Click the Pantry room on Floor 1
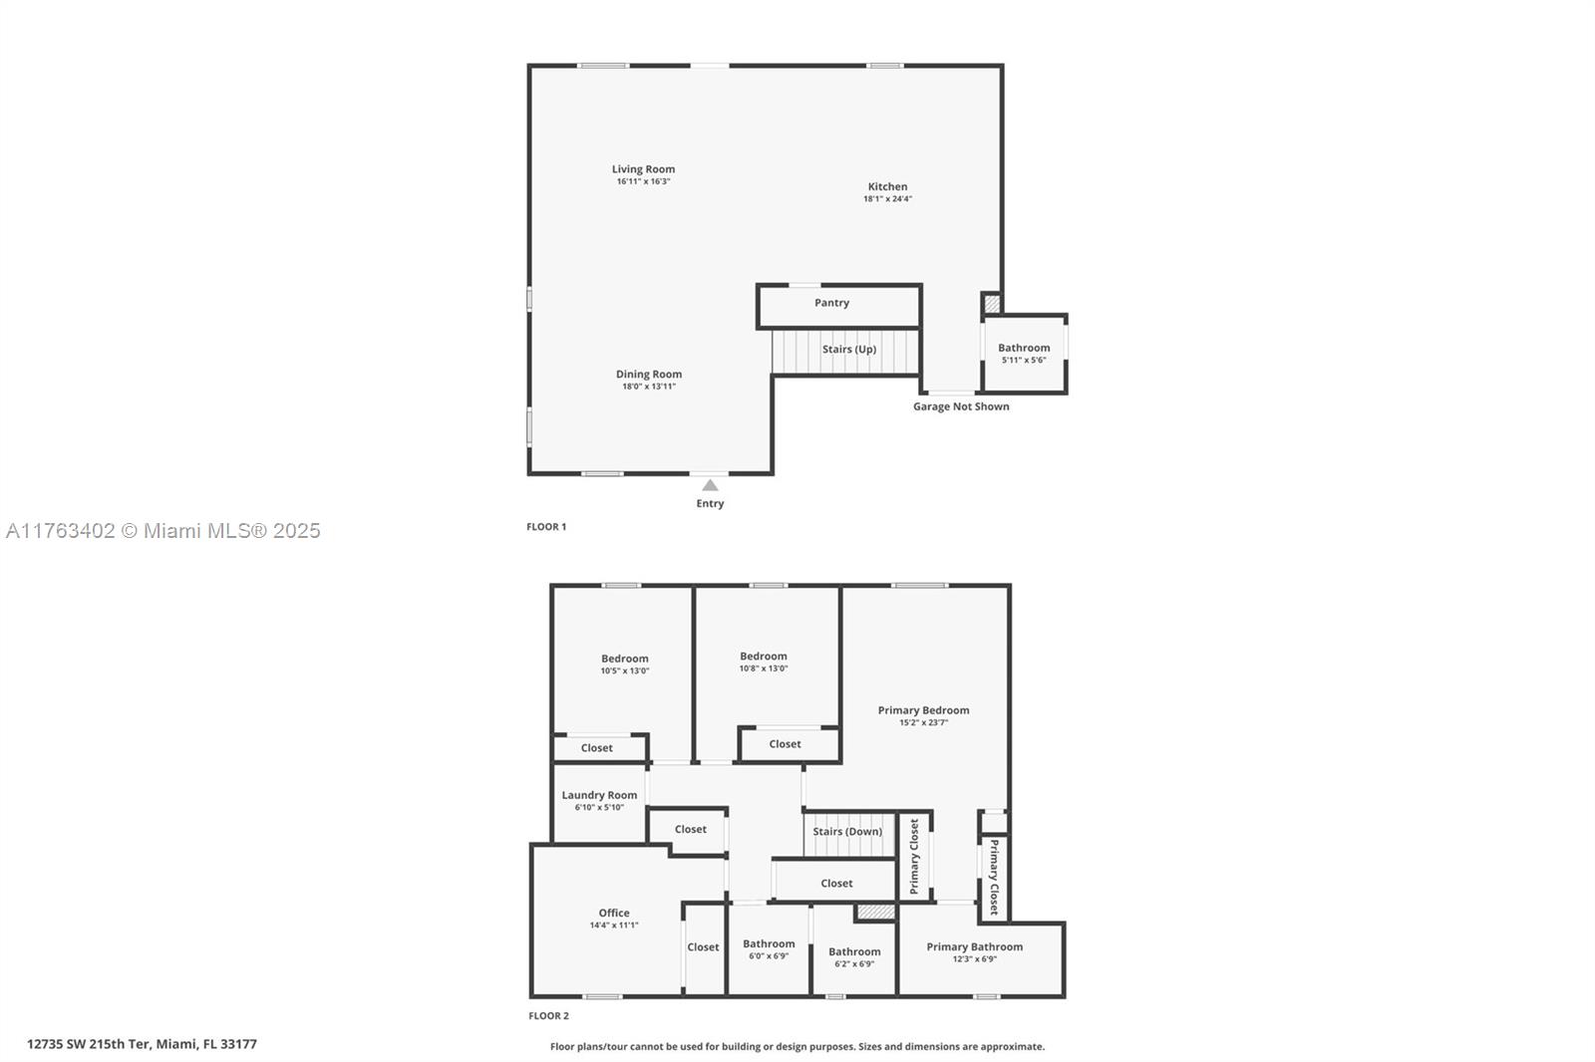coord(838,306)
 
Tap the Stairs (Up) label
coord(848,349)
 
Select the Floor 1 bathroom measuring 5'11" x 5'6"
coord(1024,354)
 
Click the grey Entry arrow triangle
coord(710,485)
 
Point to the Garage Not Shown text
coord(961,406)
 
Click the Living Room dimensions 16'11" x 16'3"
coord(644,181)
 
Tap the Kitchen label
coord(887,186)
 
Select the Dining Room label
coord(649,374)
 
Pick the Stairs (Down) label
coord(847,832)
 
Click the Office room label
coord(614,913)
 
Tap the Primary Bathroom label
coord(974,946)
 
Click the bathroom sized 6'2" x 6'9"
coord(854,957)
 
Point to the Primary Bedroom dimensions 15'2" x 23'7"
coord(923,722)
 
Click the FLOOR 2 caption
coord(548,1016)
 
